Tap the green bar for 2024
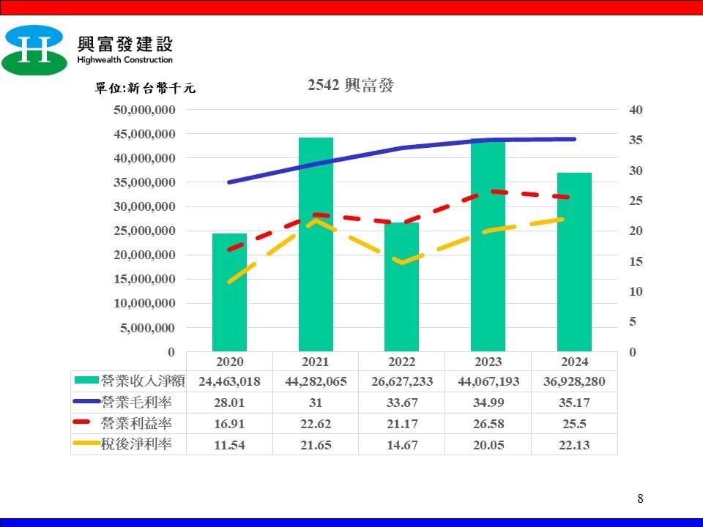(574, 263)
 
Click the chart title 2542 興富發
(351, 86)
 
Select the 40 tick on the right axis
(635, 110)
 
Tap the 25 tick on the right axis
(635, 201)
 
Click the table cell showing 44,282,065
(316, 381)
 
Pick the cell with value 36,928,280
(574, 381)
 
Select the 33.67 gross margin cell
(401, 402)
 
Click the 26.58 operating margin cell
(488, 423)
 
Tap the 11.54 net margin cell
(229, 444)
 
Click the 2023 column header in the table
(488, 362)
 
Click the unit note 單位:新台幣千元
(146, 89)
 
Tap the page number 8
(641, 499)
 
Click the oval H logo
(34, 50)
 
